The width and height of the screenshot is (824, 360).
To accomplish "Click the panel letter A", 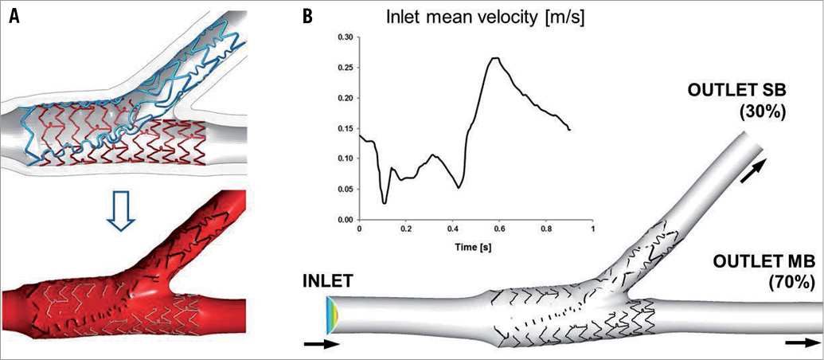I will click(14, 15).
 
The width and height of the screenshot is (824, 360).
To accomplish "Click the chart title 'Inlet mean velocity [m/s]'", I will click(460, 18).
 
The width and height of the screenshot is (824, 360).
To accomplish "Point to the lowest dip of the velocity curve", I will click(385, 203).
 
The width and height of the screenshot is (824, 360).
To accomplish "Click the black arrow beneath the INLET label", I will click(322, 345).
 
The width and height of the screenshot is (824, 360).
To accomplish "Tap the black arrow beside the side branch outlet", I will click(759, 171).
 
